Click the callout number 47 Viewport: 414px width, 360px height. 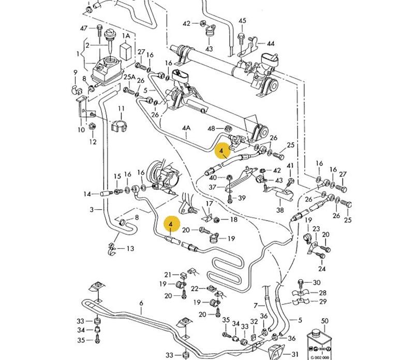(x=84, y=28)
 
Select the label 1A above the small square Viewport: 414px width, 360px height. (x=126, y=36)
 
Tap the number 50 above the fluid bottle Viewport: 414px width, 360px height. (x=325, y=322)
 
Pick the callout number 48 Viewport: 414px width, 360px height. (x=211, y=128)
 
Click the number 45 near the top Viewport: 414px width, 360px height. (x=242, y=21)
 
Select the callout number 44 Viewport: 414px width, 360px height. (x=271, y=44)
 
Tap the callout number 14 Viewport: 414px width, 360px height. (x=87, y=194)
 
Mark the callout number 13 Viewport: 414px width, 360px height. (x=130, y=249)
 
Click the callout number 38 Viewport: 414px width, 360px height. (x=280, y=210)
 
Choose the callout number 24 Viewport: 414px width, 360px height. (x=322, y=269)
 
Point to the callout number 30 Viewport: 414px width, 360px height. (x=317, y=283)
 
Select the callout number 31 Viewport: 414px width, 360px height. (x=295, y=354)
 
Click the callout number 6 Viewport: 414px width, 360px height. (x=141, y=303)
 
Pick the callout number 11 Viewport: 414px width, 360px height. (x=121, y=109)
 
